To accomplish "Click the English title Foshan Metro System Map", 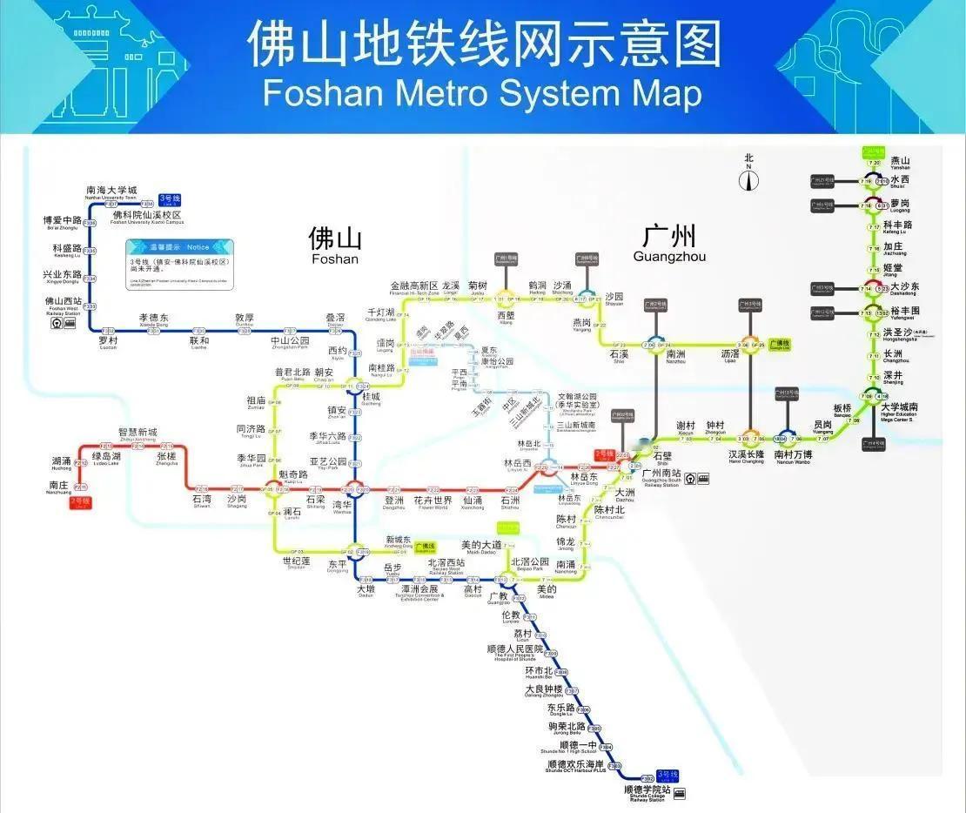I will (482, 91).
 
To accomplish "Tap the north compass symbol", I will (748, 178).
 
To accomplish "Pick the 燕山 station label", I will (900, 161).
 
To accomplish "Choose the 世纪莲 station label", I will (295, 561).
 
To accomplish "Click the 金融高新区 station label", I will (414, 286).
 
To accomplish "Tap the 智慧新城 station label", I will (138, 432).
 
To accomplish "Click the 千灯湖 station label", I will (380, 312).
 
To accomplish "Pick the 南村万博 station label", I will (793, 454).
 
